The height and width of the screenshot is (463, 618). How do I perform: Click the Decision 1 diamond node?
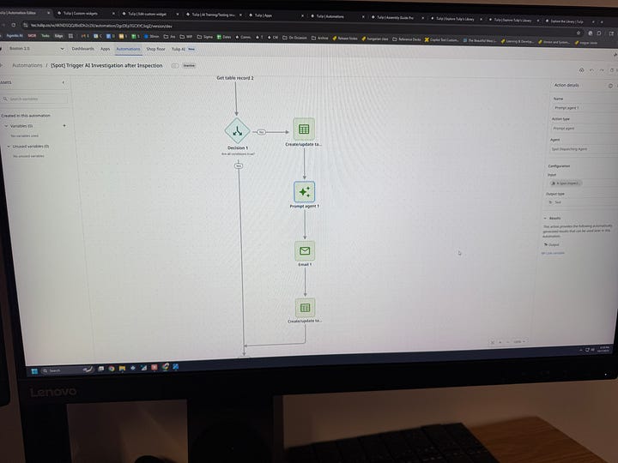point(235,131)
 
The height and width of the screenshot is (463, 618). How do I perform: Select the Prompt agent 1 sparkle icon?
point(304,191)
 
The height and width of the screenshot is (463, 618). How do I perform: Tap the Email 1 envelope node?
point(305,250)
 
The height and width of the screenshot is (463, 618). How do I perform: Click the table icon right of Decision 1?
point(303,129)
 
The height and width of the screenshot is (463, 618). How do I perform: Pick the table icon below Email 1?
point(305,307)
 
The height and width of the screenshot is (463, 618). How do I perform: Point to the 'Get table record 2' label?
point(235,78)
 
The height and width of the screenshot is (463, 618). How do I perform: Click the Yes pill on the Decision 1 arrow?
point(261,131)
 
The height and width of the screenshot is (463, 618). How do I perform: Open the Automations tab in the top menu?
point(128,49)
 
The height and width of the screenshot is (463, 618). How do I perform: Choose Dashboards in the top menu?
point(83,49)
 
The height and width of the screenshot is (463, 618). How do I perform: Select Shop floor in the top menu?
point(155,49)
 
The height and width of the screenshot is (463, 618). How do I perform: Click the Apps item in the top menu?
point(105,49)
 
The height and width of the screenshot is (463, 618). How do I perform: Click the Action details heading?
point(566,86)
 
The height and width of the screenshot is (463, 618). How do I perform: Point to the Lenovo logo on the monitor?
point(53,392)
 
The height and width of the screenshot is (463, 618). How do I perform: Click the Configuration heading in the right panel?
point(559,165)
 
